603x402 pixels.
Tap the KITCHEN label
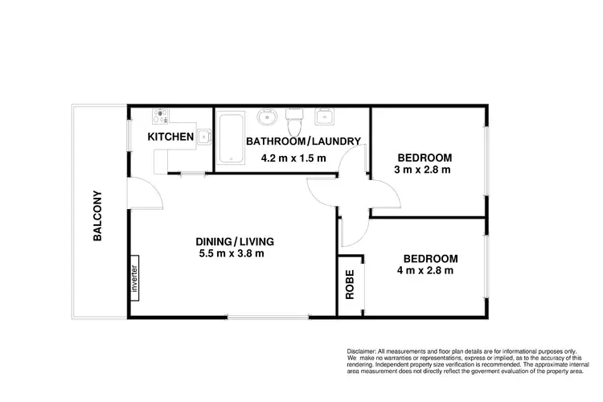point(170,137)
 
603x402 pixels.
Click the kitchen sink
point(204,137)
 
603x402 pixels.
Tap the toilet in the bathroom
point(294,122)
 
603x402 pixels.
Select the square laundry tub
point(325,117)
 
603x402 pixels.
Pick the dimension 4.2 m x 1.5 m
point(293,158)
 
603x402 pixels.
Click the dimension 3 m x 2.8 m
point(422,170)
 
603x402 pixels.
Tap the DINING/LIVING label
point(236,241)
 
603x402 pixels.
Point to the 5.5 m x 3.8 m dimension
point(232,254)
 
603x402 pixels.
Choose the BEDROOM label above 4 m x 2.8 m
point(430,258)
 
